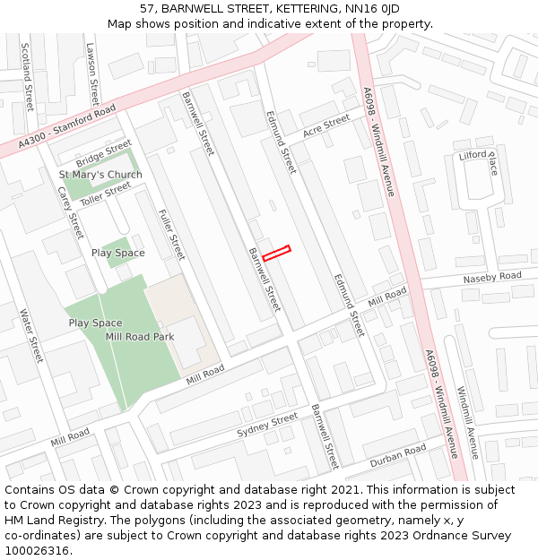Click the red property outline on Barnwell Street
[276, 253]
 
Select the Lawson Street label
[91, 74]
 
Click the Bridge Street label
[104, 154]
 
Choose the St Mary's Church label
[100, 175]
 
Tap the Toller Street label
[105, 194]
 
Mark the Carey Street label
[70, 213]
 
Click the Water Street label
[31, 336]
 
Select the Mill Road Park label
[139, 337]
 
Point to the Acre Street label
[325, 126]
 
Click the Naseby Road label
[491, 279]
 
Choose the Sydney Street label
[267, 426]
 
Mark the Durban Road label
[397, 455]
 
